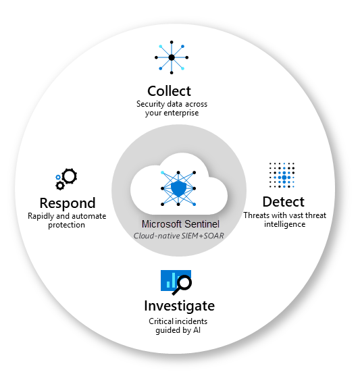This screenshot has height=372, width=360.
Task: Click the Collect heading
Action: point(169,90)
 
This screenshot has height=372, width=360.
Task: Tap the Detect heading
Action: point(283,202)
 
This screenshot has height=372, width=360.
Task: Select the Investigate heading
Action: point(179,305)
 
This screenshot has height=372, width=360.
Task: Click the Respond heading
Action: point(67,203)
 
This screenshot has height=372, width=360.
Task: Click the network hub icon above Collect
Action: point(172,58)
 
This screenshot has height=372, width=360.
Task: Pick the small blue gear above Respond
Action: point(58,178)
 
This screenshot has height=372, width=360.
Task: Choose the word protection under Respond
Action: point(66,225)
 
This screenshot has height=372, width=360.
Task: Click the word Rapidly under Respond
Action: point(43,216)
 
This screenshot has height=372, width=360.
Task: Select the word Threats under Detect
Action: point(257,215)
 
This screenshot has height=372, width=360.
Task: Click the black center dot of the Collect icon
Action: point(172,58)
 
